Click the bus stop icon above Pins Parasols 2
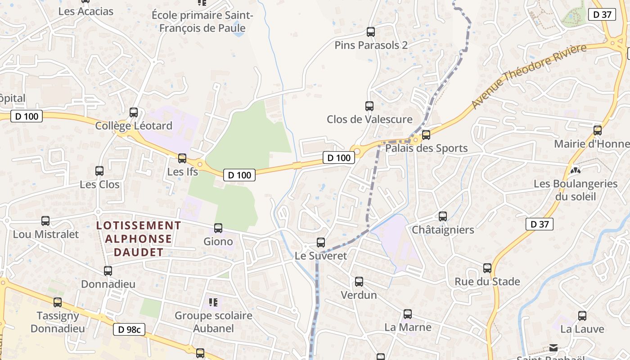[371, 32]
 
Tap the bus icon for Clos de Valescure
[369, 106]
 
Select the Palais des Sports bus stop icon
[426, 135]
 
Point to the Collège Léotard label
[134, 126]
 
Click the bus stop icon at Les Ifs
[182, 158]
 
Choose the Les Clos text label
[99, 184]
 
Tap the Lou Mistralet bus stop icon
[45, 221]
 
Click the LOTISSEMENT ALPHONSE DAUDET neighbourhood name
[139, 238]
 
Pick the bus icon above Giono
[218, 228]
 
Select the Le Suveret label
[321, 256]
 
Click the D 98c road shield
[129, 329]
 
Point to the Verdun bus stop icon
[359, 282]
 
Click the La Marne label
[408, 327]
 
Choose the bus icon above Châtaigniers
[443, 216]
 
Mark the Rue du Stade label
[487, 282]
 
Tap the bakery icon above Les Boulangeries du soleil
[575, 171]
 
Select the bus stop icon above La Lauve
[582, 316]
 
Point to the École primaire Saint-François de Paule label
[202, 22]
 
